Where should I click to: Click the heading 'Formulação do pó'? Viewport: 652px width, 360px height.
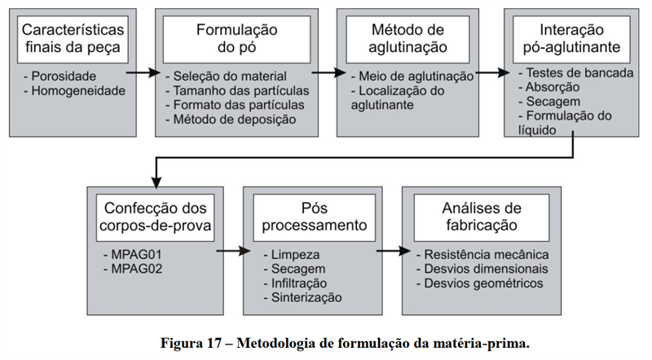tap(236, 38)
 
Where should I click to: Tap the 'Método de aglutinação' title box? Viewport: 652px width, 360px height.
tap(407, 38)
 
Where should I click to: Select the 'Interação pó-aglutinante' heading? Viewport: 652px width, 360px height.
tap(571, 38)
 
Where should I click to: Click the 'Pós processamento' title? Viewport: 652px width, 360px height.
tap(315, 217)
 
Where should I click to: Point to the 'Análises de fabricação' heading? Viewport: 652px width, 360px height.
tap(482, 217)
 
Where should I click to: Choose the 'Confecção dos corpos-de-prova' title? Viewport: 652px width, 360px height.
tap(156, 217)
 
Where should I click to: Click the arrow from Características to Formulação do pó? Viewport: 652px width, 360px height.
tap(143, 73)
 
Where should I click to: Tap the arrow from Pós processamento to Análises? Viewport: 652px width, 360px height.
tap(394, 251)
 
